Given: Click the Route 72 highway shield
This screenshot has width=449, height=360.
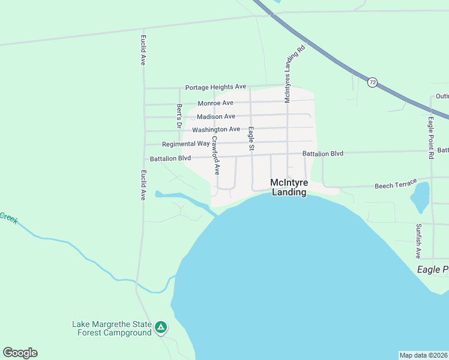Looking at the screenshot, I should [373, 82].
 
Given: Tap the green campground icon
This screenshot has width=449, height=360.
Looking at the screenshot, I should [160, 328].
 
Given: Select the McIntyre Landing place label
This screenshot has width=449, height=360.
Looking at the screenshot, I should [289, 187].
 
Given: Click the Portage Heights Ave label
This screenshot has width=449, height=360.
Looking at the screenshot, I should [215, 87].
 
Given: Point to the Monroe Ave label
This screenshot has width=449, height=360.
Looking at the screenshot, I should [215, 103].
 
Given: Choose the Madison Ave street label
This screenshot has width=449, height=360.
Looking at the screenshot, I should [216, 116].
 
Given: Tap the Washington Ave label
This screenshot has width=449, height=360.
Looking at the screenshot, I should [216, 130].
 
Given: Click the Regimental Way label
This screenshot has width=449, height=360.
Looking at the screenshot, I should [186, 144].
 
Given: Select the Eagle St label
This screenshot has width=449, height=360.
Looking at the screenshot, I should [252, 139].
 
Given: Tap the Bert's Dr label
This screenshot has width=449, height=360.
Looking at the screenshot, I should [179, 116].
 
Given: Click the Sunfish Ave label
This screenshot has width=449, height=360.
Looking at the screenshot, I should [418, 241].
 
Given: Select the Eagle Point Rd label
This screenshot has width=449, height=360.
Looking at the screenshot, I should [431, 137].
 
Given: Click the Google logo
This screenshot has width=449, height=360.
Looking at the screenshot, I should [20, 353].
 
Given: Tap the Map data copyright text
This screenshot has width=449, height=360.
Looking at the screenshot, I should [424, 355].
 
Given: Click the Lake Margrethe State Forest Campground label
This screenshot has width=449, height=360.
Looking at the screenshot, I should [112, 328].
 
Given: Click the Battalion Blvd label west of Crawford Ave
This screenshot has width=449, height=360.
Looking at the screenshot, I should [170, 158].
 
